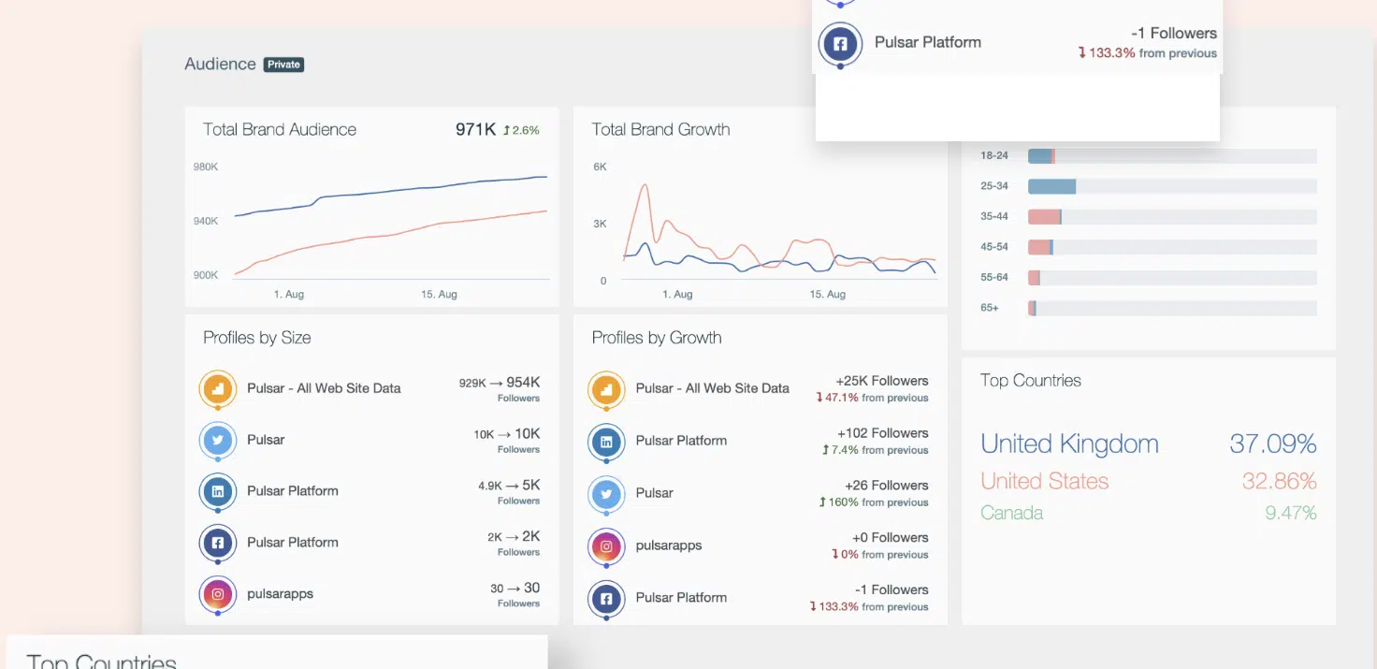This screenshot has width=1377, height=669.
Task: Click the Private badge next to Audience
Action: (283, 65)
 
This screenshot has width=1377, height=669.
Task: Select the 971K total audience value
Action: (475, 129)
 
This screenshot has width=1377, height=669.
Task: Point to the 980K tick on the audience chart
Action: (206, 167)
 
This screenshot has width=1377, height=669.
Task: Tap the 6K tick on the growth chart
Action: (600, 167)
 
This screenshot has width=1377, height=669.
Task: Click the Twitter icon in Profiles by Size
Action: (218, 439)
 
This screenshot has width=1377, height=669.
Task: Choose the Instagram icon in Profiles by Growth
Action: (606, 545)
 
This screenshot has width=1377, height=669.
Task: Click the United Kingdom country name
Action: (1069, 444)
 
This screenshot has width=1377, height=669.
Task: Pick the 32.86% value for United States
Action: (1279, 481)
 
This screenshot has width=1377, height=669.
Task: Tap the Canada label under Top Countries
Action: (1011, 513)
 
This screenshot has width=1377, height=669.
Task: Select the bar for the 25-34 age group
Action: (1051, 186)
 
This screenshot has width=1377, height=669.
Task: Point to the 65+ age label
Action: (989, 308)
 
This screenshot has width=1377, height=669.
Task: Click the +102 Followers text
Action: (881, 433)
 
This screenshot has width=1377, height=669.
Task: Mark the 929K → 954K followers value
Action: (500, 383)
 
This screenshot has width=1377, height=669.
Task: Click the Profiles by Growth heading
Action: (657, 338)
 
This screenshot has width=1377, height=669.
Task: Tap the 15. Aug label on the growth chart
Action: (827, 294)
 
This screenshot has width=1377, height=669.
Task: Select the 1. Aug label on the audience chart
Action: (288, 294)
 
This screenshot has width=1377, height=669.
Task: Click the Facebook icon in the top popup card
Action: (840, 43)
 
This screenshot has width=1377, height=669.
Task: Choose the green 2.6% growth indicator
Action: (521, 130)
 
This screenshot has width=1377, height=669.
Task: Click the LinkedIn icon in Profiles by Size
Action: (218, 490)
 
